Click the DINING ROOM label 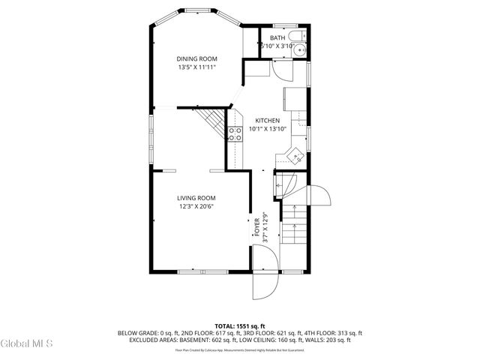(x=196, y=59)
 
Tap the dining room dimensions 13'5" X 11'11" (x=196, y=67)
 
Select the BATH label (x=277, y=37)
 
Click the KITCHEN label (x=267, y=121)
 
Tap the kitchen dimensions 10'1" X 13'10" (x=267, y=129)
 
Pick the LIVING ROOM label (x=196, y=198)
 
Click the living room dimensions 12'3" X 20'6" (x=196, y=206)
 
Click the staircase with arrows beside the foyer (x=295, y=225)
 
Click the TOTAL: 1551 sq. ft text (x=240, y=326)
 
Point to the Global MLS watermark (x=26, y=344)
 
